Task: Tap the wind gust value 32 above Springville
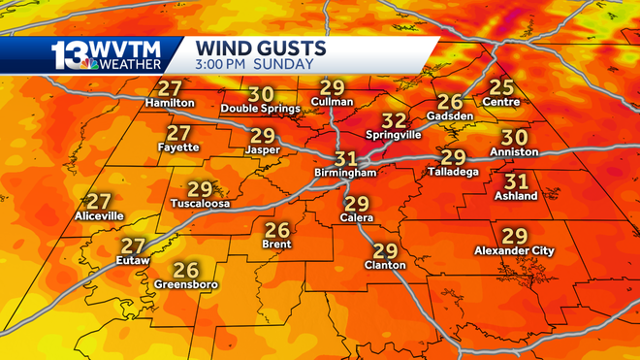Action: [394, 120]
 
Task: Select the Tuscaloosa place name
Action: [199, 204]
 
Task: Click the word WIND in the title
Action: [224, 47]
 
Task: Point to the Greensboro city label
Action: [185, 284]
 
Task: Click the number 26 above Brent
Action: [277, 230]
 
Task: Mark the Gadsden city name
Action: [449, 116]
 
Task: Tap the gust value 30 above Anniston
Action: [514, 138]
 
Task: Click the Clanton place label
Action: [385, 264]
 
